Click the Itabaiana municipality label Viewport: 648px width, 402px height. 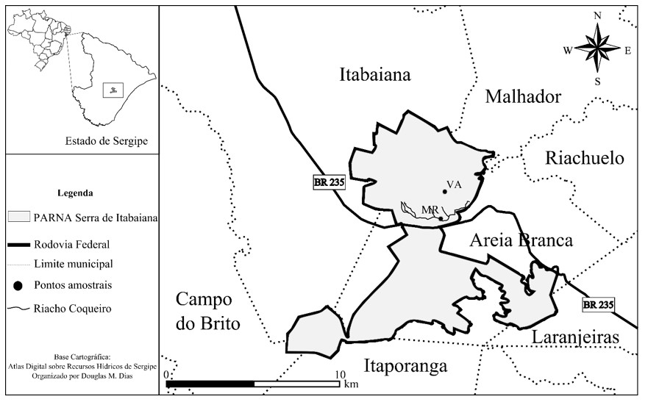tap(374, 74)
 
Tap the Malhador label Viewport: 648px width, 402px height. tap(523, 97)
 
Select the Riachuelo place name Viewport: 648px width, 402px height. tap(584, 158)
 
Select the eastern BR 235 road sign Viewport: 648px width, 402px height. tap(598, 304)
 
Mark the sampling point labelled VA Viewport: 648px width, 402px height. tap(445, 193)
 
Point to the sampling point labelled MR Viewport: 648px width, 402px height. tap(440, 218)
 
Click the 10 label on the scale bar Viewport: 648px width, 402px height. tap(340, 374)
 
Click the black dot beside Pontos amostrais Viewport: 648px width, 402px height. tap(18, 284)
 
